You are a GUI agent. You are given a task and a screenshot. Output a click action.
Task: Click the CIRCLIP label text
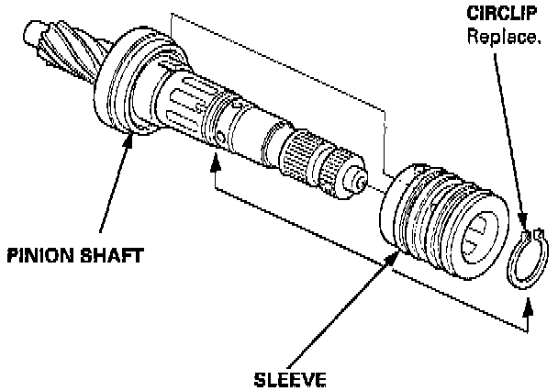point(504,17)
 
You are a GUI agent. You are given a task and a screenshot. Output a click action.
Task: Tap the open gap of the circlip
point(526,236)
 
